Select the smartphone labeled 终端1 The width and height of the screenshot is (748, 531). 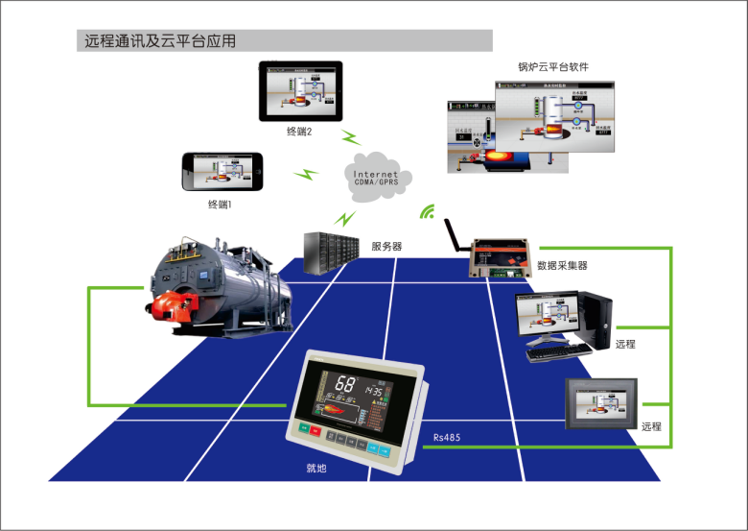click(x=222, y=171)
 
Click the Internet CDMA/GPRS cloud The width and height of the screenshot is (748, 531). click(x=376, y=174)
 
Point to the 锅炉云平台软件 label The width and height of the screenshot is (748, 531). click(x=552, y=68)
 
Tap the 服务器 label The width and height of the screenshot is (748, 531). click(x=386, y=246)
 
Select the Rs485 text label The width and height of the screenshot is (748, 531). click(x=447, y=438)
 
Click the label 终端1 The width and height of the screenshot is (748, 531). click(x=221, y=205)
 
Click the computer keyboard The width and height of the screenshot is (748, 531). click(x=559, y=351)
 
